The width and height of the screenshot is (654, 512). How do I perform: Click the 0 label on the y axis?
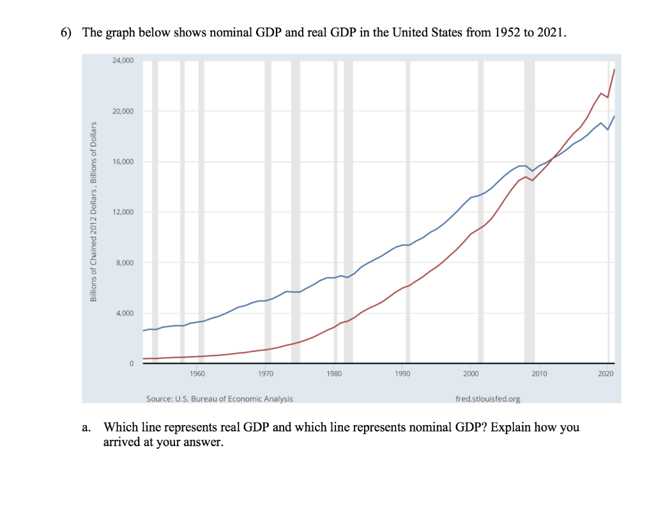click(130, 364)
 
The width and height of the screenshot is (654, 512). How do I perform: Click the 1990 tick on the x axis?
click(402, 373)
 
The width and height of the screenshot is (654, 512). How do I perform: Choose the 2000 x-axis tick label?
click(471, 373)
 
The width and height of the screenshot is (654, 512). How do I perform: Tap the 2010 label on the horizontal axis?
click(539, 373)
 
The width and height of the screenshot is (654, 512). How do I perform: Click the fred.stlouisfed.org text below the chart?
click(488, 399)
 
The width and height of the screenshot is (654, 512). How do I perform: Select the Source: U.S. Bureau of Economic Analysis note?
click(220, 399)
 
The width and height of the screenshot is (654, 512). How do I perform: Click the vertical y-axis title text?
click(93, 211)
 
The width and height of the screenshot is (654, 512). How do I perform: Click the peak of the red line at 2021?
click(614, 69)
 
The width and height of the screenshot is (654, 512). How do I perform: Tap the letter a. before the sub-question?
click(87, 428)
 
